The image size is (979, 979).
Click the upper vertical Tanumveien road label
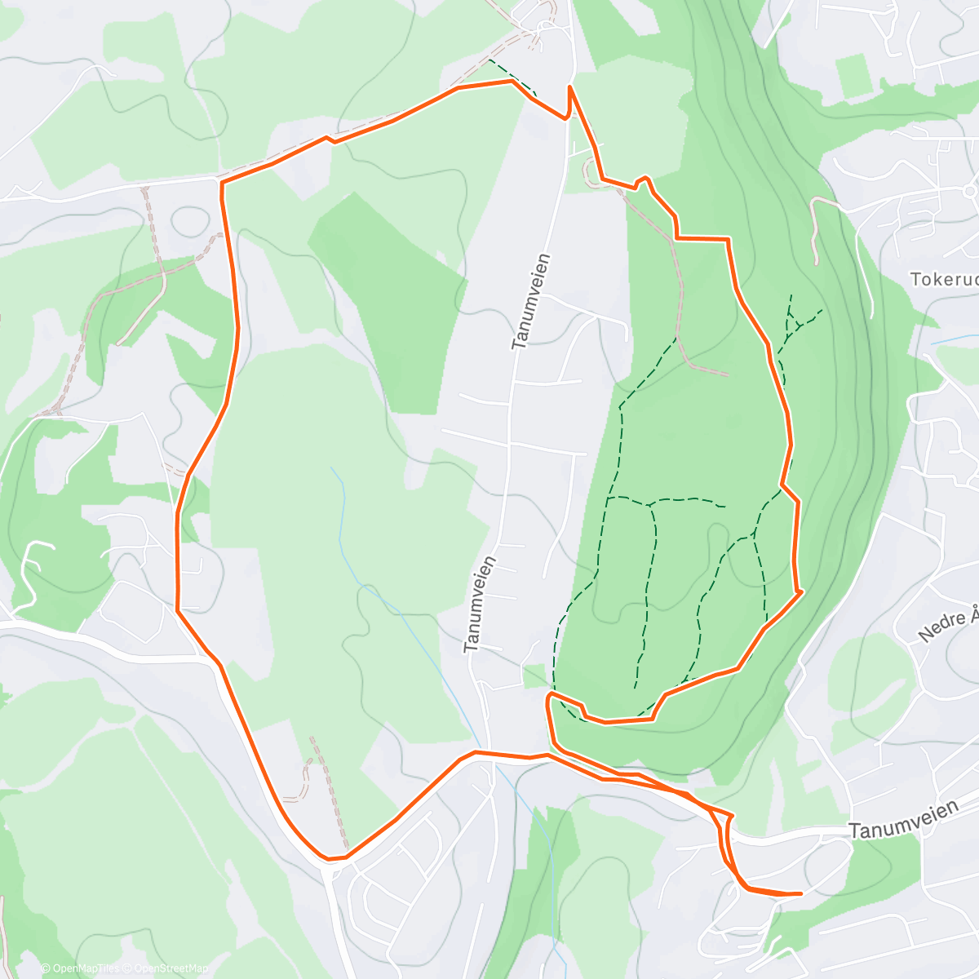(531, 302)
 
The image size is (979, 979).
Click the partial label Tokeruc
(944, 280)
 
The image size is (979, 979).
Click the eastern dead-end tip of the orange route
(800, 893)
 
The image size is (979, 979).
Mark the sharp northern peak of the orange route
(569, 86)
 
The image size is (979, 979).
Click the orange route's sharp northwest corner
(221, 181)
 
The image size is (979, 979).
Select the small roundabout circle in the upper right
(969, 191)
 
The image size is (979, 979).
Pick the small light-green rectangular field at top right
(853, 74)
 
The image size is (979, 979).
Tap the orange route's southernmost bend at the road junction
(330, 858)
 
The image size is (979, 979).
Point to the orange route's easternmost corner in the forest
(801, 590)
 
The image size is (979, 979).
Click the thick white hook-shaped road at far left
(29, 571)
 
